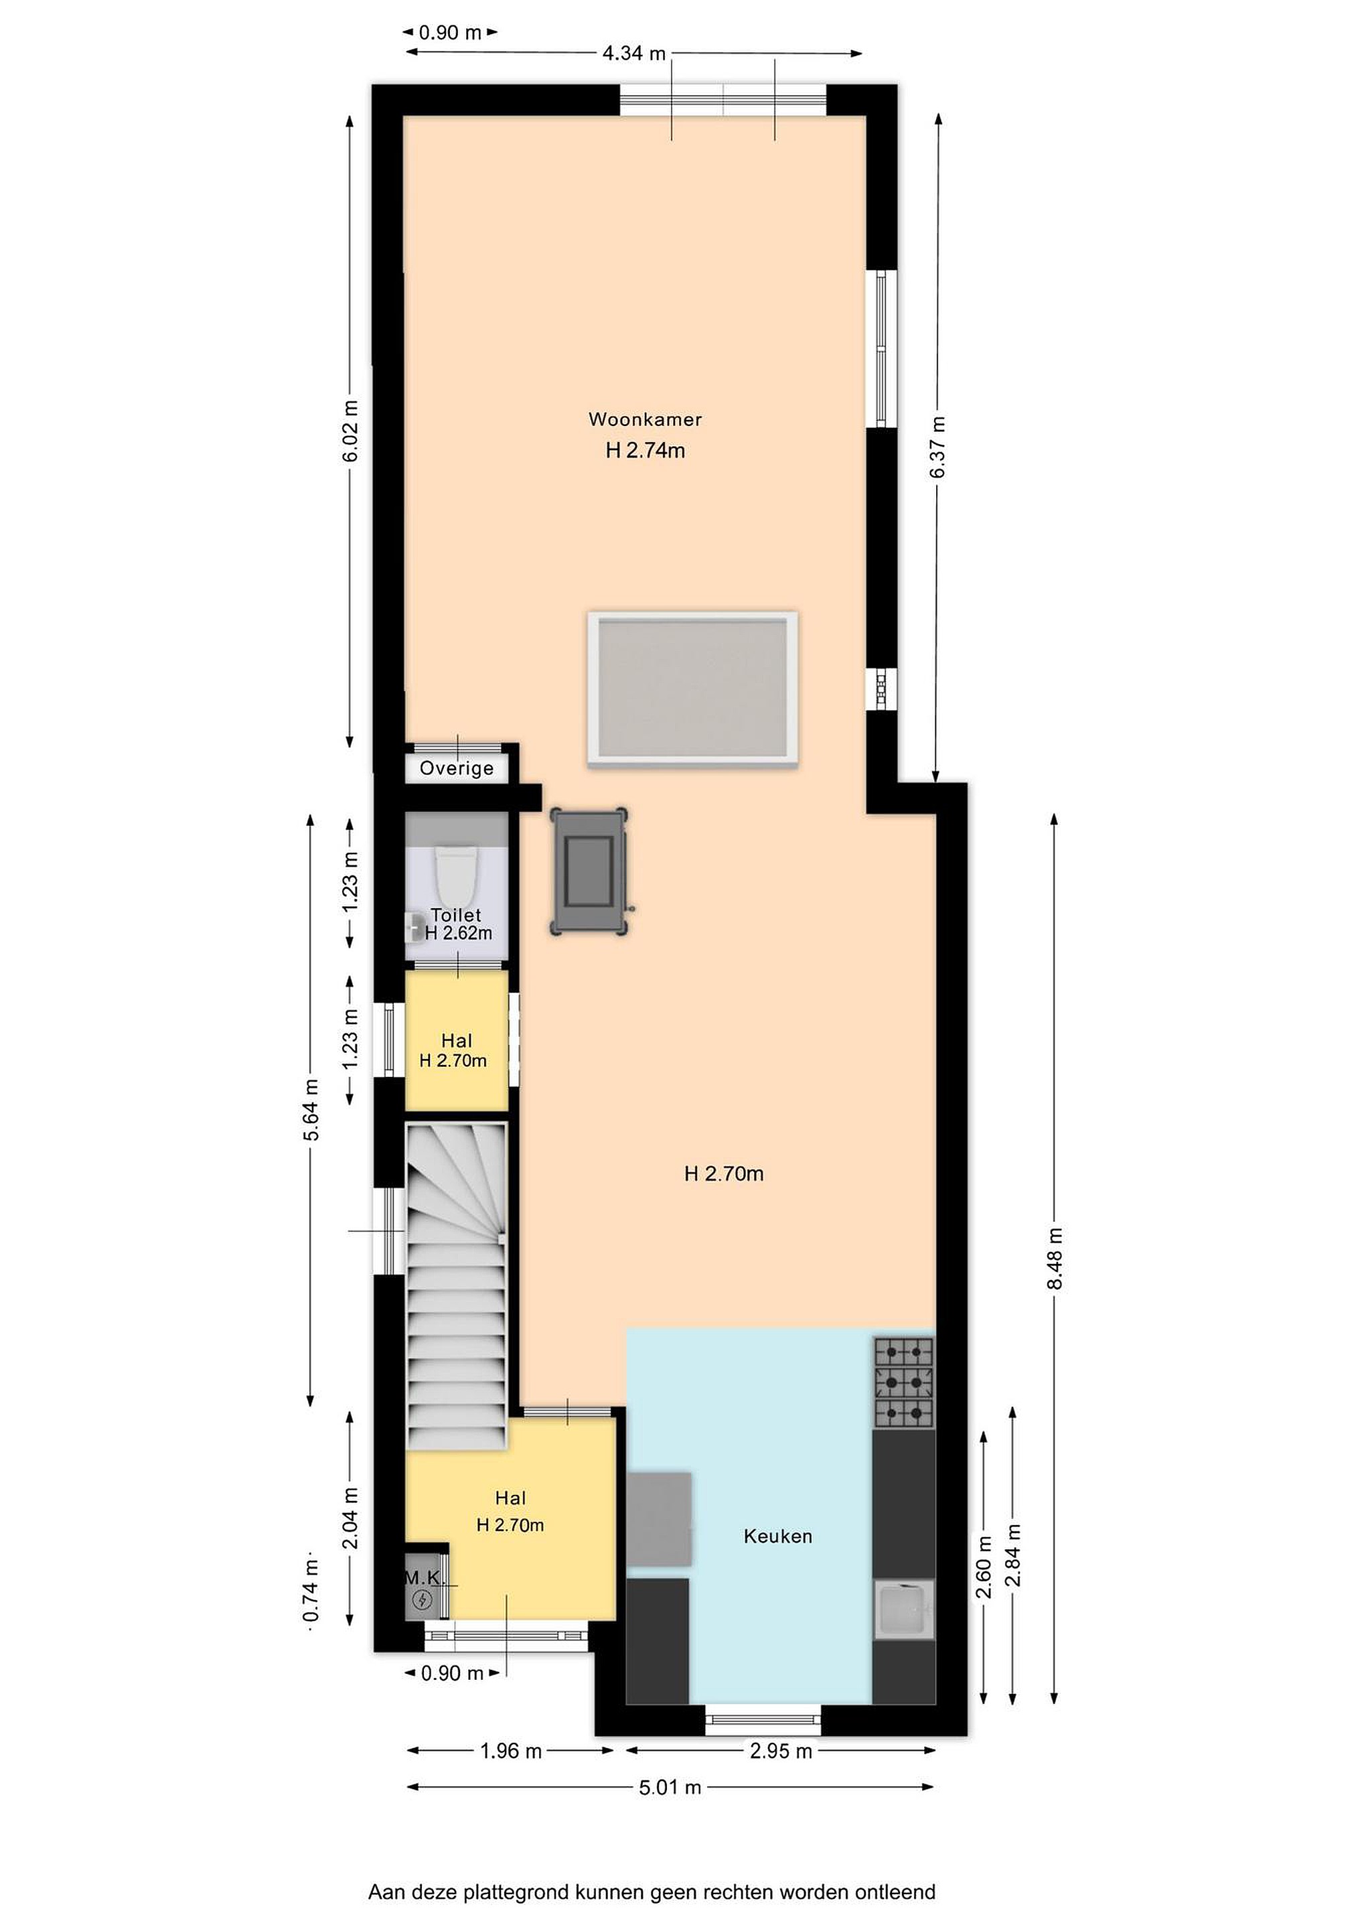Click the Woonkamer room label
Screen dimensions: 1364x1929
(x=644, y=419)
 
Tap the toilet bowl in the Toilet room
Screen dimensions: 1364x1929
(x=456, y=871)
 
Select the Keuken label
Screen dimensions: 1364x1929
(x=777, y=1537)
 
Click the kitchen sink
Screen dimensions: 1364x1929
(x=904, y=1609)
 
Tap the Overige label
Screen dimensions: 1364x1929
(x=456, y=768)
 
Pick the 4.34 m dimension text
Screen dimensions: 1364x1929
(x=634, y=53)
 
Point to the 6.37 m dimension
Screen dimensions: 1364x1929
(x=938, y=447)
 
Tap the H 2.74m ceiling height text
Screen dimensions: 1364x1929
(x=645, y=450)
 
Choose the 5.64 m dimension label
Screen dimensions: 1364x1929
(x=311, y=1109)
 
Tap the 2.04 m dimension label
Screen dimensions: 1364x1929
(x=351, y=1517)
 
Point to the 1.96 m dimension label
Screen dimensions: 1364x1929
(x=511, y=1751)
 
